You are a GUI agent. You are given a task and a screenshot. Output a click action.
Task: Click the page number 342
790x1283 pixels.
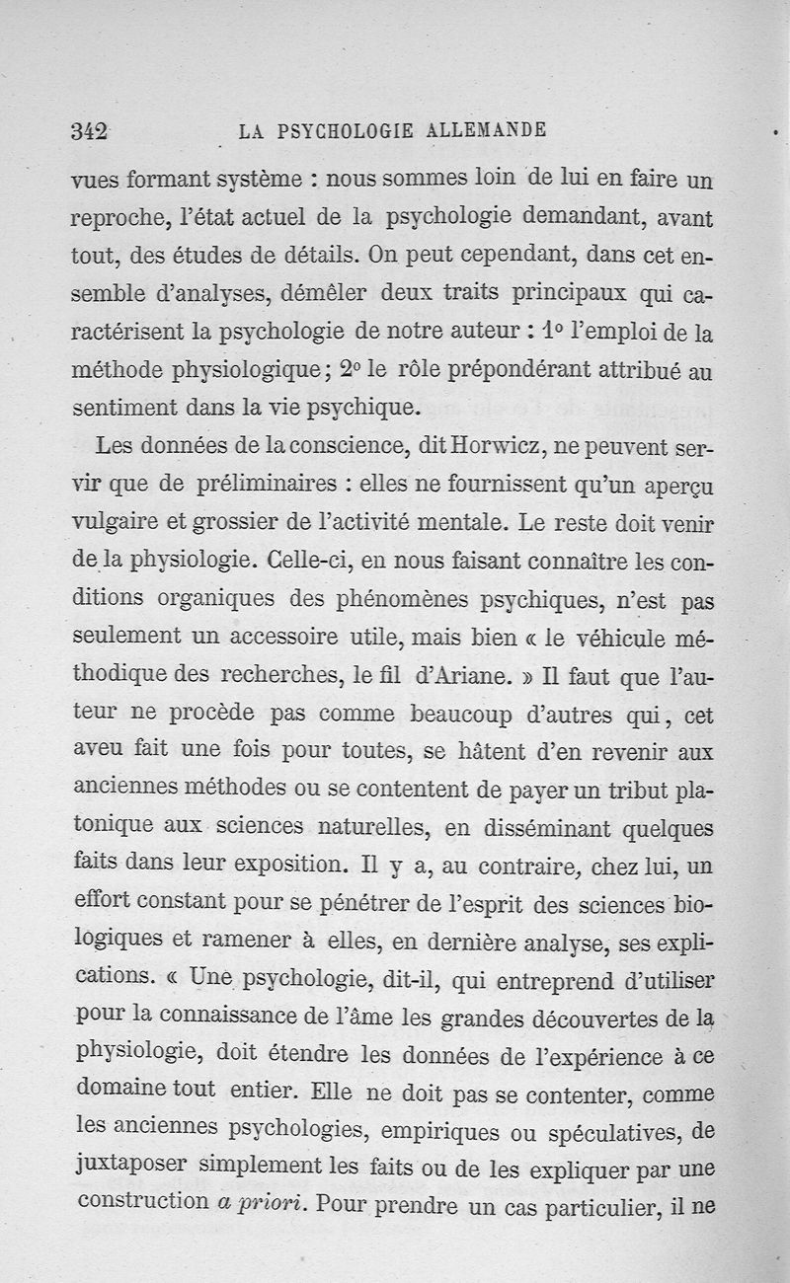click(x=89, y=131)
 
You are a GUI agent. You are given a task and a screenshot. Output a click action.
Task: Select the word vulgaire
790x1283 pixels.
click(x=112, y=523)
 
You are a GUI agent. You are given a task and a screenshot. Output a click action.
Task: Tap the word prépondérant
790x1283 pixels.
click(x=513, y=370)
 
